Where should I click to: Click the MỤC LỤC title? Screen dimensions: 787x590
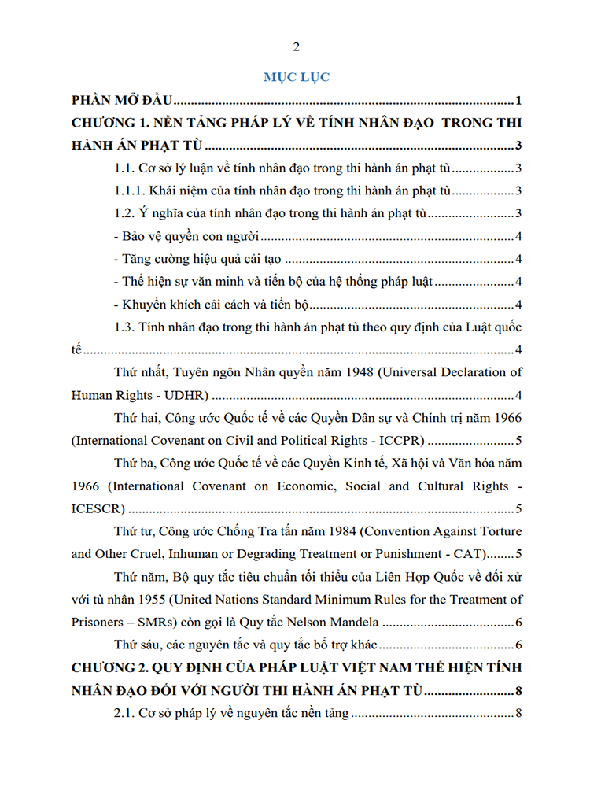pyautogui.click(x=296, y=77)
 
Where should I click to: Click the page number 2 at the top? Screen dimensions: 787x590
pyautogui.click(x=296, y=46)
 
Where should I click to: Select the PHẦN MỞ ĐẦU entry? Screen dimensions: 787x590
pyautogui.click(x=122, y=101)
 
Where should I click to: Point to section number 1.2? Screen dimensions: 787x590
pyautogui.click(x=125, y=213)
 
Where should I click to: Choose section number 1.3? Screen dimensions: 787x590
pyautogui.click(x=125, y=327)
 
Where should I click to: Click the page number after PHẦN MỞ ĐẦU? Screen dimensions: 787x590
pyautogui.click(x=519, y=101)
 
